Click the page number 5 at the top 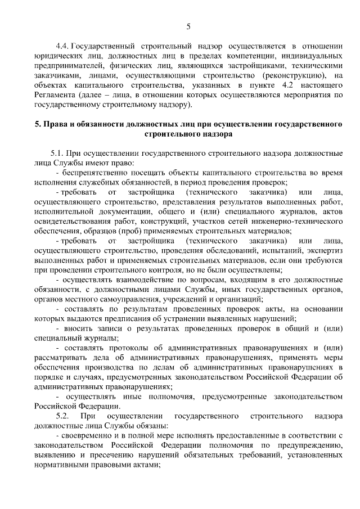188,26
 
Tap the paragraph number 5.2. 59,415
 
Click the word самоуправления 127,300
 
